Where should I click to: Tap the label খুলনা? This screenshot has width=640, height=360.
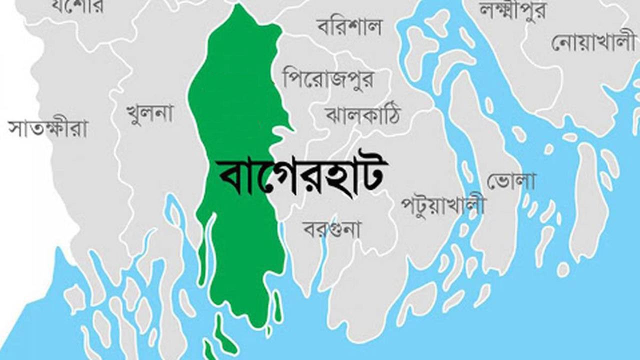tap(149, 113)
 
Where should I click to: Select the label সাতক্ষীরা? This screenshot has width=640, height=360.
tap(48, 128)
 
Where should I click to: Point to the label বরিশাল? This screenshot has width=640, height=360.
tap(349, 26)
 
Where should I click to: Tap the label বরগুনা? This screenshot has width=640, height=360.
tap(331, 229)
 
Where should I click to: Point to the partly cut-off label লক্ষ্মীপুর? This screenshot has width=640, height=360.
tap(513, 8)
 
